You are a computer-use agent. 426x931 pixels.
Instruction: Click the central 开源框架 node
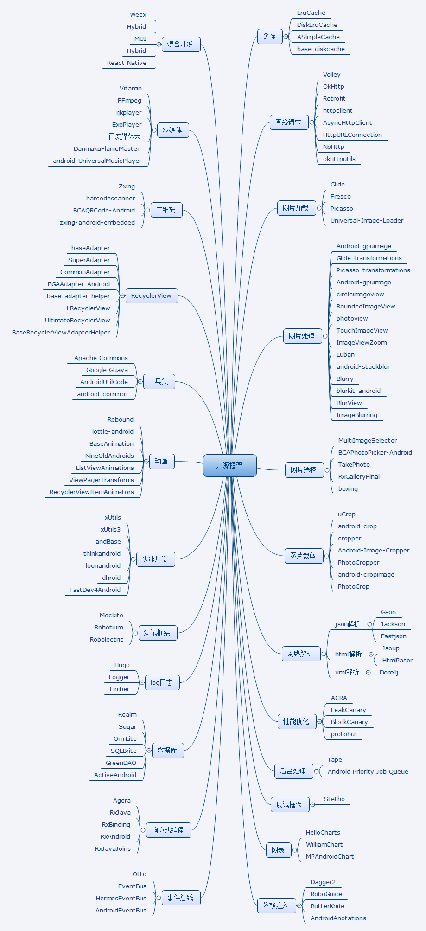229,465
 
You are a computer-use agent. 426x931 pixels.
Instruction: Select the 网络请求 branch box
288,122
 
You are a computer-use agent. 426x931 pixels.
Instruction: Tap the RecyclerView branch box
151,296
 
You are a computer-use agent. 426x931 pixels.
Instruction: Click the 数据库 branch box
167,751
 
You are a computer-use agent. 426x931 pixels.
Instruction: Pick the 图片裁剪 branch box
303,556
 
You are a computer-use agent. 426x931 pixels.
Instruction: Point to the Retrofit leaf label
334,99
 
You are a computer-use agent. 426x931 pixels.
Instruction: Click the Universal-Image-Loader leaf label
367,221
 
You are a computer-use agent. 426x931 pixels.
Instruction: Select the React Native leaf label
127,63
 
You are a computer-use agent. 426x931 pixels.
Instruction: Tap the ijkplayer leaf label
129,113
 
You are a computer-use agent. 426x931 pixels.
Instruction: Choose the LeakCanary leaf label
348,710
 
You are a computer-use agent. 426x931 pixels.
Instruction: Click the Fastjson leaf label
394,636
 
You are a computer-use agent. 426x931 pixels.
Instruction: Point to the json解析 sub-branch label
348,624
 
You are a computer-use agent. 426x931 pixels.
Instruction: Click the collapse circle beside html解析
371,655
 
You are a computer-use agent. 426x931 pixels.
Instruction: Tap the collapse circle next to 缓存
286,37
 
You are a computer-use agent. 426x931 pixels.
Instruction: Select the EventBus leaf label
132,886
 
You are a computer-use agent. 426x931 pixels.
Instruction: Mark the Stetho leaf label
334,799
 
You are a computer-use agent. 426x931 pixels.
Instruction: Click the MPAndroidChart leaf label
330,857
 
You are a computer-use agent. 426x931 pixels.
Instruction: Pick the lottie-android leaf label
113,432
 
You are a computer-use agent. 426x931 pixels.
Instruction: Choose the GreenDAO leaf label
121,763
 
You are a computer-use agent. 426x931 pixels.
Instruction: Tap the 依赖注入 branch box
276,905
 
